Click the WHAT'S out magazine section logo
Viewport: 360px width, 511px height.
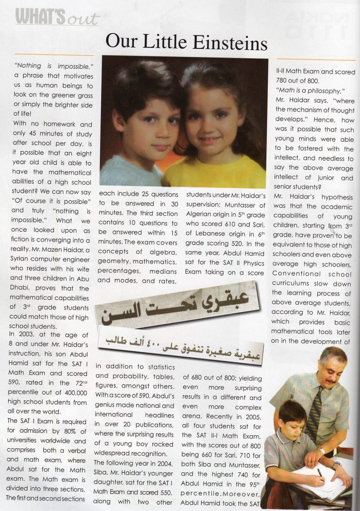click(57, 18)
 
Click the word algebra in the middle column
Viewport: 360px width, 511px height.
click(164, 252)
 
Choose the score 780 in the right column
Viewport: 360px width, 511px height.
click(283, 81)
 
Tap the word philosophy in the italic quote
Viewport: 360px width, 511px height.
click(324, 90)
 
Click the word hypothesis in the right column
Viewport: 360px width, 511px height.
click(337, 197)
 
